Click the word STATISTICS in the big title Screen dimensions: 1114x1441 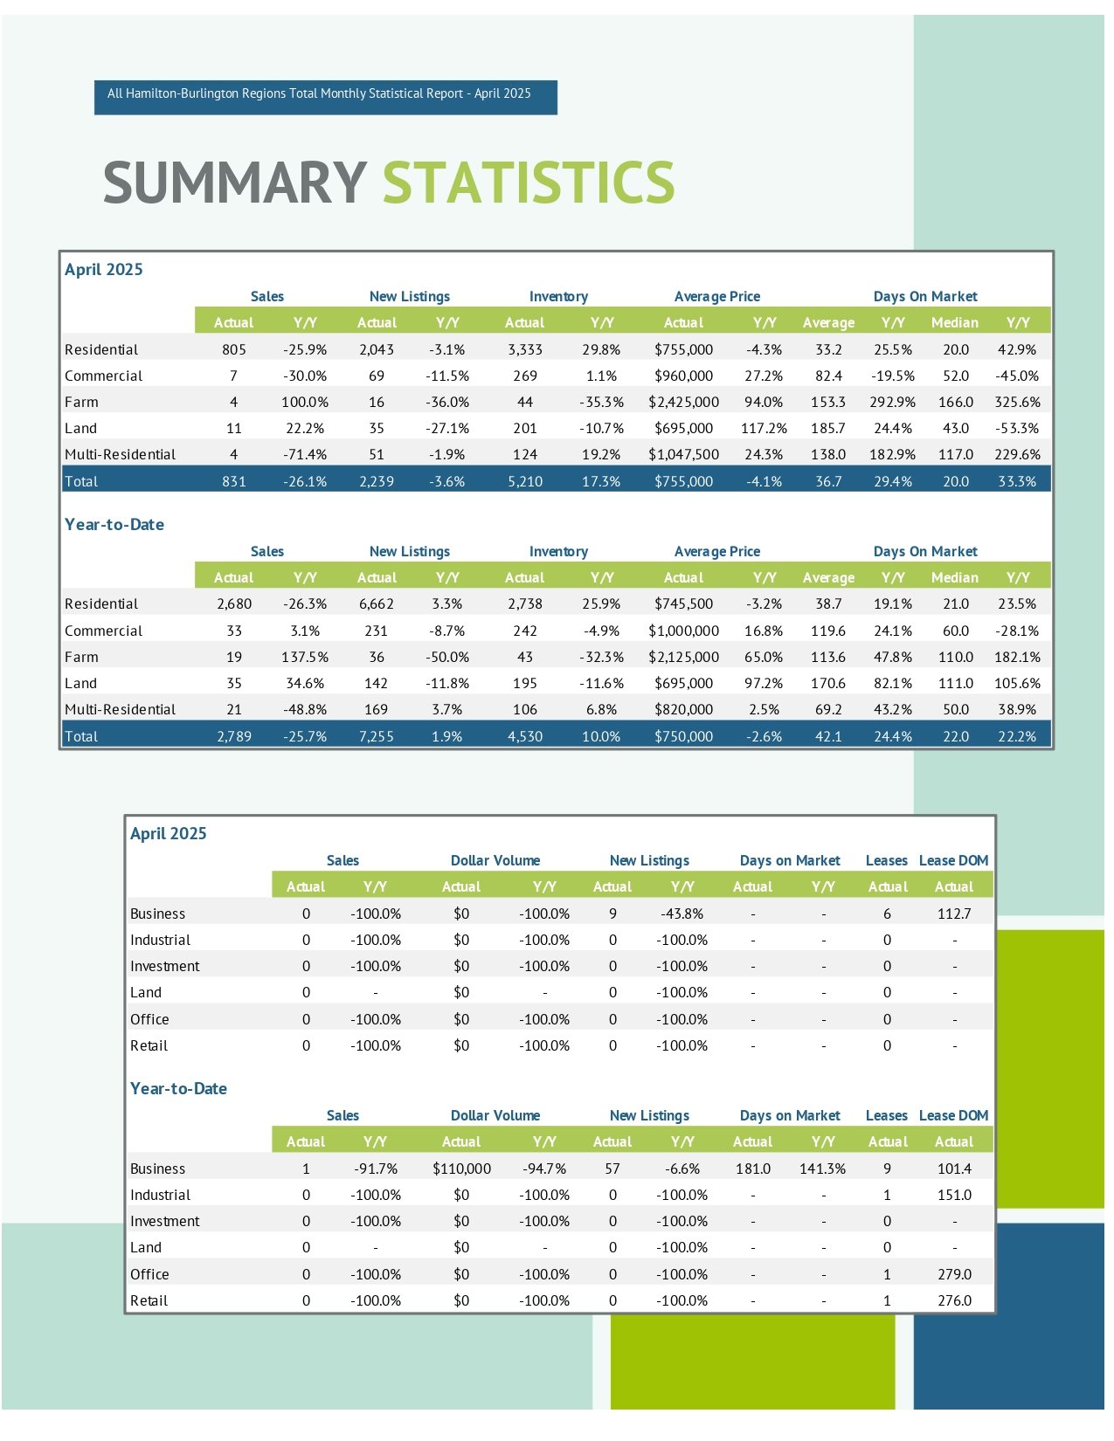528,182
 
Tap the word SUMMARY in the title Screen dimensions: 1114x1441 235,182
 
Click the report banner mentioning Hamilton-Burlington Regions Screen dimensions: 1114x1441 325,97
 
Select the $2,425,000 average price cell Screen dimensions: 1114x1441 683,402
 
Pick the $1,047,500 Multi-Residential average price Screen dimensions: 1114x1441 683,454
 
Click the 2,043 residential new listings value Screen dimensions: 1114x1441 377,349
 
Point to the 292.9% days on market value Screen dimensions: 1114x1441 892,402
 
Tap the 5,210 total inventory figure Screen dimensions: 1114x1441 525,481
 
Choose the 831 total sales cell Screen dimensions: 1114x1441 233,481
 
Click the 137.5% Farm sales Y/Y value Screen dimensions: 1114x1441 305,657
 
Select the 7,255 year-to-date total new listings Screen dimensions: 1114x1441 377,736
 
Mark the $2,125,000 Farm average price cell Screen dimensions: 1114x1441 683,657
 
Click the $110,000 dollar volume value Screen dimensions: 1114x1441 461,1169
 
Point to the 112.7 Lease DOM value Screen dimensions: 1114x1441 954,914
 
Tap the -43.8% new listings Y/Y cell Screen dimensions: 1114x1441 682,914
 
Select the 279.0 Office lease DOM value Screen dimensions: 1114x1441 954,1274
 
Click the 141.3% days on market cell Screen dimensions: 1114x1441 823,1169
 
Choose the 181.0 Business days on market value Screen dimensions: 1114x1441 753,1169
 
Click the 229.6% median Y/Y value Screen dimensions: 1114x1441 1017,454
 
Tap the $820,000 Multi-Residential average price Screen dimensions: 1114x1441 683,709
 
